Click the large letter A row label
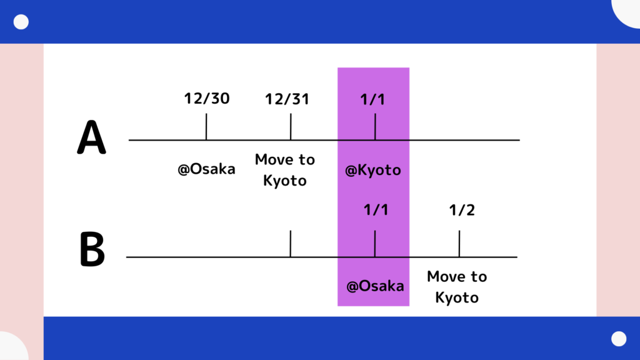[x=91, y=137]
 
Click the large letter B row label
[x=92, y=249]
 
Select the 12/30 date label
[x=207, y=98]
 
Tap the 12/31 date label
[x=287, y=99]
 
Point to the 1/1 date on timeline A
[x=372, y=99]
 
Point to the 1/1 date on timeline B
[x=376, y=210]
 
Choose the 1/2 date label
[x=462, y=210]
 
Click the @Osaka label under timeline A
[x=206, y=169]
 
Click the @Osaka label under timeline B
[x=375, y=286]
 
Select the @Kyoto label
[x=373, y=170]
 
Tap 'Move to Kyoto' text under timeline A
[x=285, y=170]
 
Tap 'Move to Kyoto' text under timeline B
[x=457, y=287]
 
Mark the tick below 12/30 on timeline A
[x=206, y=126]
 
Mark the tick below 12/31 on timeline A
[x=291, y=126]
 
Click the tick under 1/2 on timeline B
[x=459, y=244]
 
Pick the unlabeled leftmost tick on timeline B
[x=291, y=244]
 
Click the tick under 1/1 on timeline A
[x=375, y=126]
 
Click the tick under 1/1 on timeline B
[x=375, y=244]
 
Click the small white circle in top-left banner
[x=21, y=22]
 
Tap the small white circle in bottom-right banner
[x=619, y=339]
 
